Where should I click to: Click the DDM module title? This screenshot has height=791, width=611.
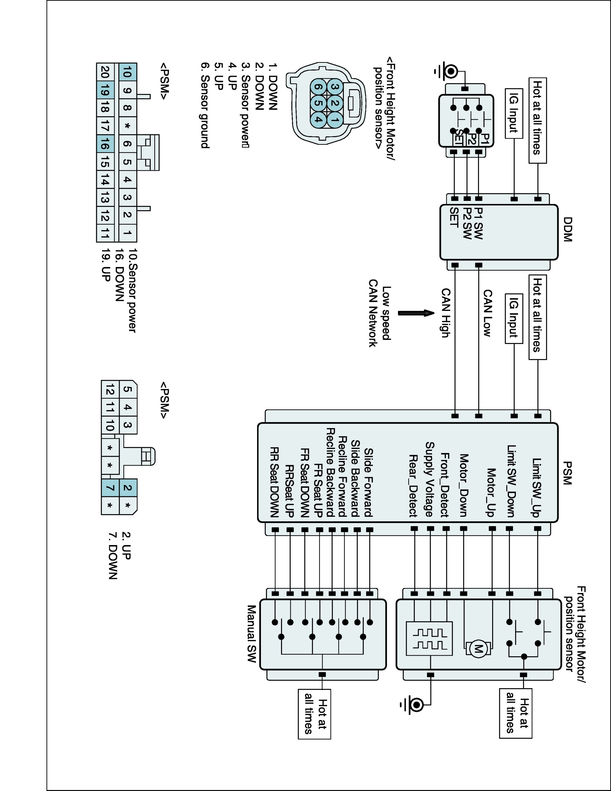coord(567,230)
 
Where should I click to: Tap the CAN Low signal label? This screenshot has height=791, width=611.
coord(488,313)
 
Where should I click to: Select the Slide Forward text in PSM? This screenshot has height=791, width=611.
coord(368,483)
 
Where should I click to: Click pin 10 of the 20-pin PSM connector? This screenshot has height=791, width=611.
coord(126,72)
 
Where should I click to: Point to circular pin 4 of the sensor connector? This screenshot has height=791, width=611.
coord(318,119)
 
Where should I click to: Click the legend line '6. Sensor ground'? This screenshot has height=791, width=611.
coord(205,106)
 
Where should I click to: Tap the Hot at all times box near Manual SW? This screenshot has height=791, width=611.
coord(314,713)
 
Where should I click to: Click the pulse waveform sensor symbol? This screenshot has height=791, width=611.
coord(429,639)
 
